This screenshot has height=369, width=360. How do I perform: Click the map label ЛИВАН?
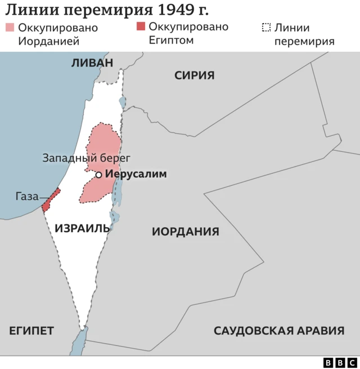click(x=92, y=63)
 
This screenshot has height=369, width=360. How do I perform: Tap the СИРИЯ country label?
click(x=194, y=75)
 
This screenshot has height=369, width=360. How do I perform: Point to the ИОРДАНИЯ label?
click(x=186, y=231)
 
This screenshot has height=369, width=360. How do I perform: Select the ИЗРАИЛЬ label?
click(x=83, y=228)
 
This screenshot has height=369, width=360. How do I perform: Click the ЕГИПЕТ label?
click(x=31, y=331)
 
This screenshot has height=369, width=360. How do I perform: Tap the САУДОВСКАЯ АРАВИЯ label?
click(x=279, y=331)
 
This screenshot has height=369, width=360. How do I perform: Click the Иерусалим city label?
click(x=136, y=174)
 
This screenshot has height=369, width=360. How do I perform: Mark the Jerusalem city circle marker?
click(x=98, y=175)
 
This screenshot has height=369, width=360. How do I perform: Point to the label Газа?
click(x=26, y=196)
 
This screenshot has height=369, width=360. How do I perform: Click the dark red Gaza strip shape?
click(x=51, y=200)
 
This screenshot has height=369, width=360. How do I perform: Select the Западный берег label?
click(x=87, y=158)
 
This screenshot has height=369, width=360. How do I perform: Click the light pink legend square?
click(x=10, y=28)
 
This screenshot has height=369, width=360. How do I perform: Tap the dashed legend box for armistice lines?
click(x=266, y=28)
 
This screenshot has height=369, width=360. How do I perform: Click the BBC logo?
click(x=340, y=363)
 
